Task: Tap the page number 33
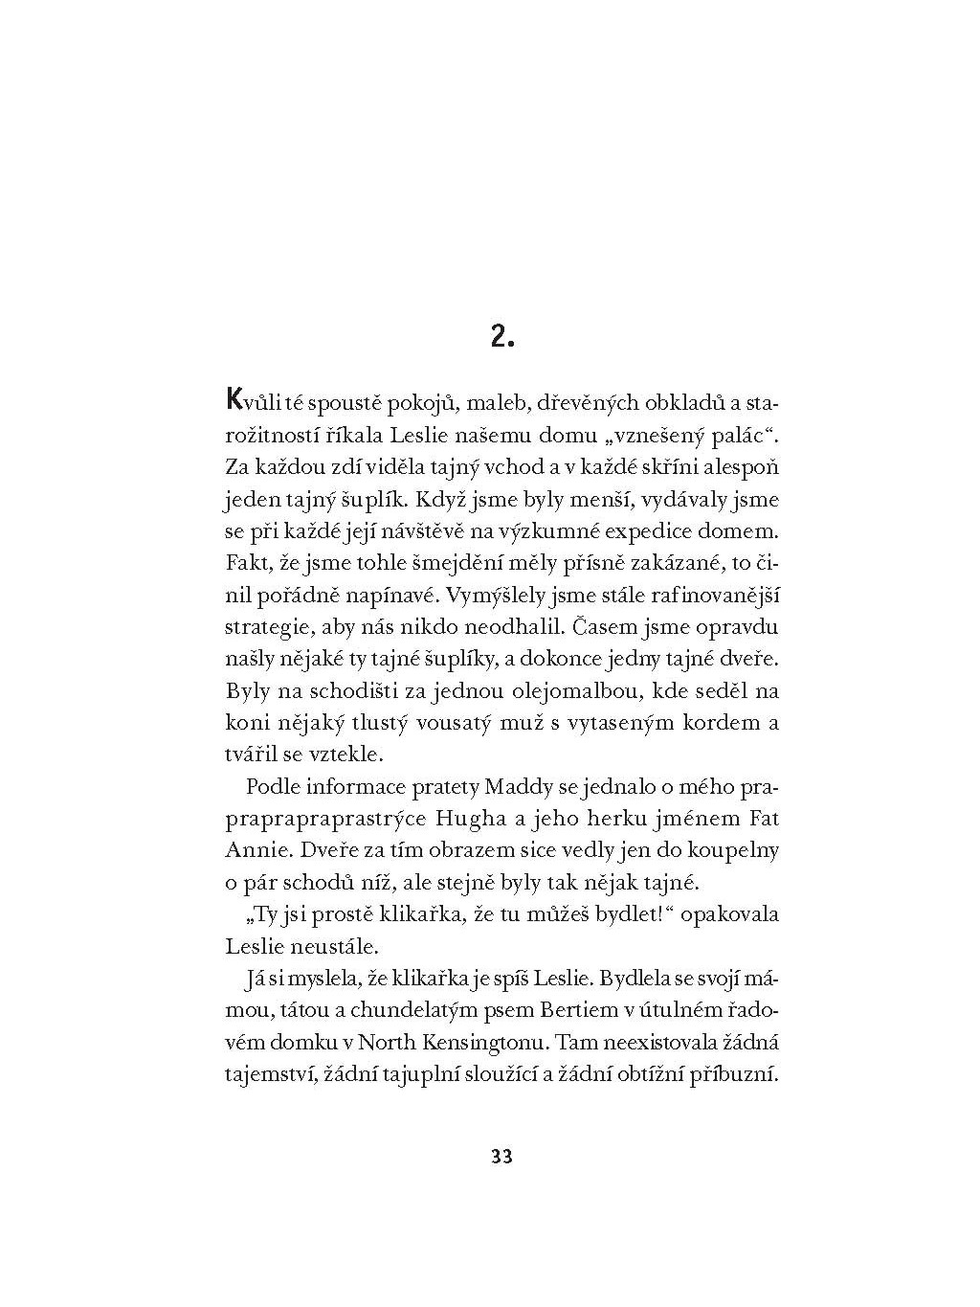click(501, 1156)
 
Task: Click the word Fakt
click(245, 562)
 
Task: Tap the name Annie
click(251, 850)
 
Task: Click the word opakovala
click(730, 913)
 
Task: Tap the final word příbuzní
click(737, 1073)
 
